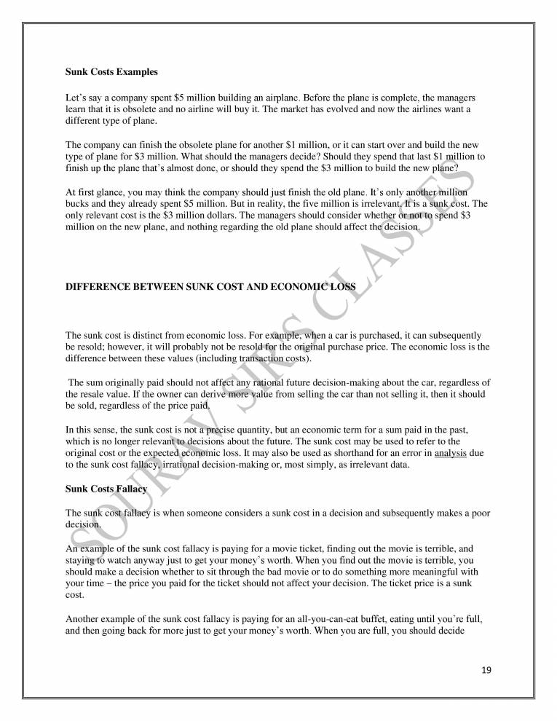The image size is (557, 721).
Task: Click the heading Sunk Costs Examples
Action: pyautogui.click(x=111, y=73)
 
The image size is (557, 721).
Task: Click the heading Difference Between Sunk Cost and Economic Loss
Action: pyautogui.click(x=210, y=287)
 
